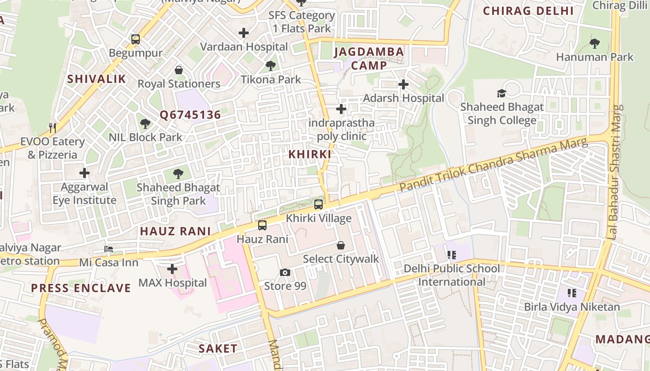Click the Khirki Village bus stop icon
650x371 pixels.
pyautogui.click(x=318, y=204)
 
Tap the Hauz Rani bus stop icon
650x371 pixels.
pyautogui.click(x=262, y=225)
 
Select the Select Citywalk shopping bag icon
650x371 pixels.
pyautogui.click(x=341, y=245)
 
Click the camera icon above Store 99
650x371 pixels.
pyautogui.click(x=285, y=272)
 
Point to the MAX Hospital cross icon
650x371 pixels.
pyautogui.click(x=172, y=269)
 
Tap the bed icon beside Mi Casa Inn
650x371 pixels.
pyautogui.click(x=109, y=249)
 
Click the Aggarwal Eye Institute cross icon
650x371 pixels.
pyautogui.click(x=84, y=173)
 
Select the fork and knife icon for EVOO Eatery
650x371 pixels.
pyautogui.click(x=52, y=128)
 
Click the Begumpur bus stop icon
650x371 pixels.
pyautogui.click(x=136, y=39)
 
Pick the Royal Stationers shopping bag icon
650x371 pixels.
pyautogui.click(x=179, y=70)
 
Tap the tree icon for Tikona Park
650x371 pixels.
pyautogui.click(x=271, y=66)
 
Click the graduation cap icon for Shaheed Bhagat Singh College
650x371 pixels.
pyautogui.click(x=501, y=93)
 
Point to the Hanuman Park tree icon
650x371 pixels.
pyautogui.click(x=594, y=44)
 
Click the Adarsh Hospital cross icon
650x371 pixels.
pyautogui.click(x=403, y=84)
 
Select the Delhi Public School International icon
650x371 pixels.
pyautogui.click(x=452, y=255)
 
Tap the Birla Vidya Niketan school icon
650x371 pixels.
pyautogui.click(x=572, y=293)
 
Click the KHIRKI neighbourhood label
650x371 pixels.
pyautogui.click(x=310, y=154)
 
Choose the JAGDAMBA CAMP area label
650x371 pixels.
pyautogui.click(x=369, y=58)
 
